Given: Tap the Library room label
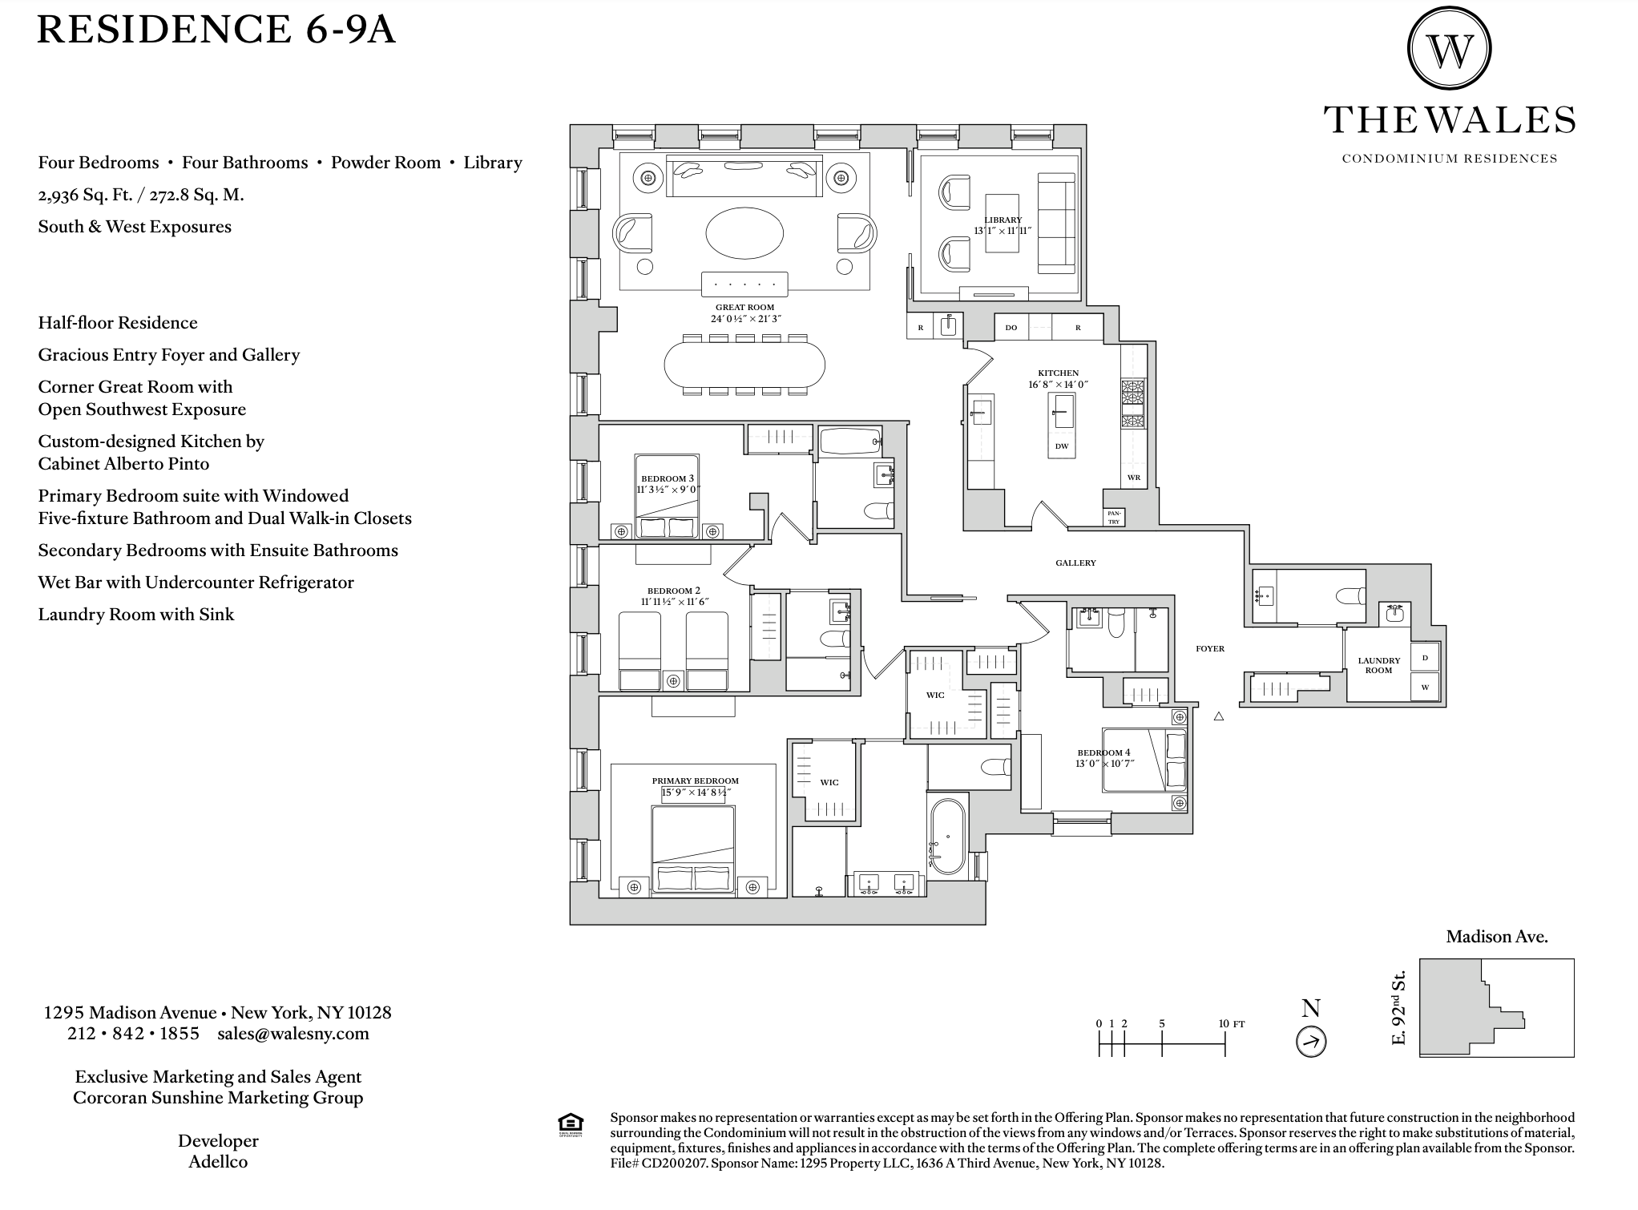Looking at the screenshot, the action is pyautogui.click(x=1003, y=220).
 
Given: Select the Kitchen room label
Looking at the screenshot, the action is pyautogui.click(x=1059, y=373).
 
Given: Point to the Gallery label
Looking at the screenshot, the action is pyautogui.click(x=1075, y=563).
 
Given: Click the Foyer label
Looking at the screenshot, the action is pyautogui.click(x=1210, y=648).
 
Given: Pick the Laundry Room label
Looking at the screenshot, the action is pyautogui.click(x=1379, y=665).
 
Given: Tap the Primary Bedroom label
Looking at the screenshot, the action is pyautogui.click(x=695, y=780).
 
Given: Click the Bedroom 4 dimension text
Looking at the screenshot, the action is pyautogui.click(x=1105, y=764).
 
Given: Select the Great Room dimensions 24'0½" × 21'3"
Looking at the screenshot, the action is pyautogui.click(x=745, y=318).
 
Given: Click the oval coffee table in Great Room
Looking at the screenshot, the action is pyautogui.click(x=744, y=232).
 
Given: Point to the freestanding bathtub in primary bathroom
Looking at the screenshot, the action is pyautogui.click(x=947, y=836).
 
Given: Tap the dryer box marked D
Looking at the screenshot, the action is pyautogui.click(x=1424, y=658).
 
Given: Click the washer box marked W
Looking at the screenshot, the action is pyautogui.click(x=1424, y=687).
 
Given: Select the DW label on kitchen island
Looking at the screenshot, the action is pyautogui.click(x=1062, y=446).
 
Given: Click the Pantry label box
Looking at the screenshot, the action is pyautogui.click(x=1114, y=517).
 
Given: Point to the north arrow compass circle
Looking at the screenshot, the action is pyautogui.click(x=1311, y=1042).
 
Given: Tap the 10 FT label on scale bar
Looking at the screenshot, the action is pyautogui.click(x=1232, y=1023).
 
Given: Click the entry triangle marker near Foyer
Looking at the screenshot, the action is pyautogui.click(x=1219, y=716).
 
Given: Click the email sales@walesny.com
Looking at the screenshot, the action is pyautogui.click(x=293, y=1033).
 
